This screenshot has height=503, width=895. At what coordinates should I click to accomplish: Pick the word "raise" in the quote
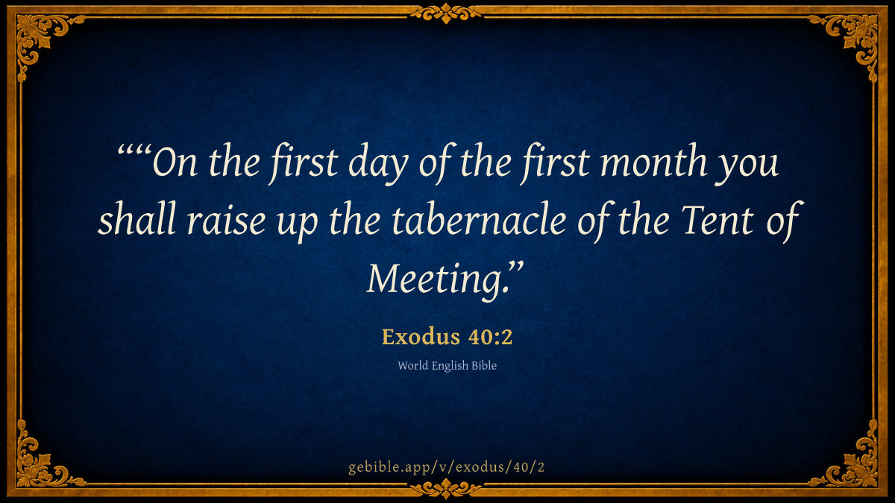pyautogui.click(x=226, y=221)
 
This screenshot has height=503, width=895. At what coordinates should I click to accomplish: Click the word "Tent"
pyautogui.click(x=718, y=219)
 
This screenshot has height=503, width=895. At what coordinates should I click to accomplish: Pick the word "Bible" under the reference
pyautogui.click(x=484, y=365)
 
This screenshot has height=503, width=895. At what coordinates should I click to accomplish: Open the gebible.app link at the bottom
pyautogui.click(x=446, y=467)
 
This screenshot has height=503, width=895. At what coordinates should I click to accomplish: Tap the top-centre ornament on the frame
pyautogui.click(x=446, y=13)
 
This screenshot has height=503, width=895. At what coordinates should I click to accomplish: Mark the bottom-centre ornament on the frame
pyautogui.click(x=446, y=489)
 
